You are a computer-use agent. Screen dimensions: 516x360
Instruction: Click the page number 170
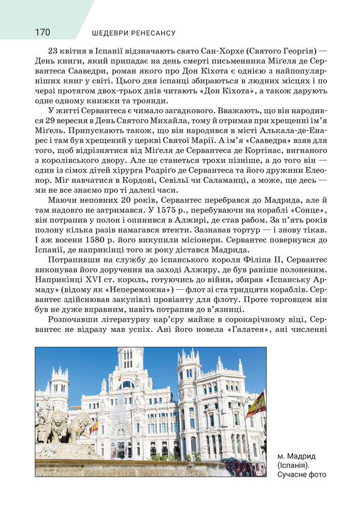[42, 33]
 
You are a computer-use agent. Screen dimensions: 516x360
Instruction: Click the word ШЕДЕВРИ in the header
[111, 33]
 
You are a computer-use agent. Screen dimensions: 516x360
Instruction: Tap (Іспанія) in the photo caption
[293, 465]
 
